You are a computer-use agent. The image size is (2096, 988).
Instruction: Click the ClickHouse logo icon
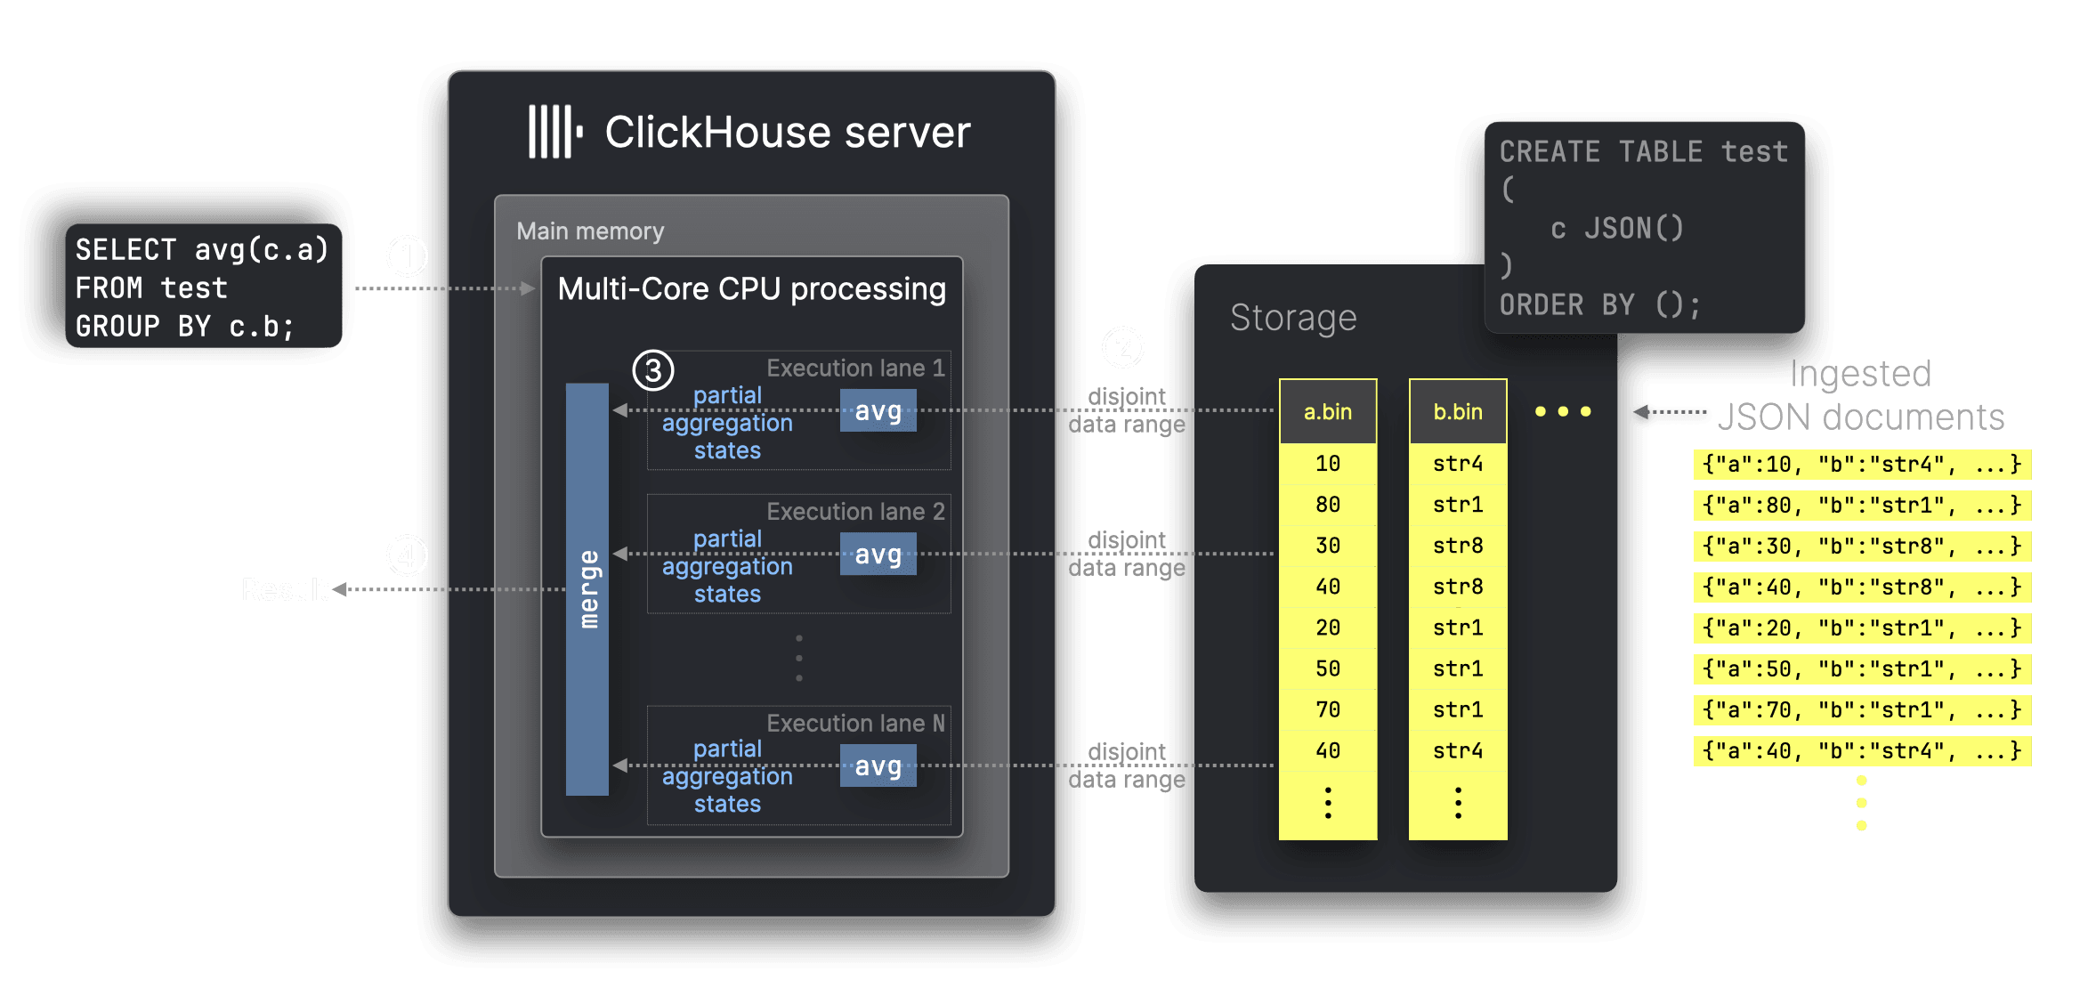click(x=554, y=132)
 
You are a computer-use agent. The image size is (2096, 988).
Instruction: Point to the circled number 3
click(x=652, y=369)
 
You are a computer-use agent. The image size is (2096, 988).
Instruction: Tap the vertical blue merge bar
click(x=587, y=588)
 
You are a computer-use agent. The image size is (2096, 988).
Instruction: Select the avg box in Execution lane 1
click(x=878, y=410)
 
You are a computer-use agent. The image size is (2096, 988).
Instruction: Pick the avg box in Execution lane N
click(x=878, y=765)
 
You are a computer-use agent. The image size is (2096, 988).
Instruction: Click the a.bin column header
click(x=1327, y=411)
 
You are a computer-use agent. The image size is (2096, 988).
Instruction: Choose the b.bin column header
click(x=1457, y=411)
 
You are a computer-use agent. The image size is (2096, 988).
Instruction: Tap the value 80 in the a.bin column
click(x=1327, y=505)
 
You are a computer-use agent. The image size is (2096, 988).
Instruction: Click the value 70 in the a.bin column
click(x=1327, y=709)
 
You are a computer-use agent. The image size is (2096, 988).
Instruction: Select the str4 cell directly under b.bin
click(x=1457, y=464)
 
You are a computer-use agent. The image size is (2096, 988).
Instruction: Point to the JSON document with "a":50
click(x=1861, y=668)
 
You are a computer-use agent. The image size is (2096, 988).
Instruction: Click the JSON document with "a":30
click(x=1861, y=546)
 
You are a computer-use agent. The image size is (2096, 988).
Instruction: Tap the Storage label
click(x=1292, y=318)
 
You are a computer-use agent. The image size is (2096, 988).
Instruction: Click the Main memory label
click(x=590, y=231)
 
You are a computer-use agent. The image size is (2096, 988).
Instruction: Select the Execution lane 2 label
click(x=855, y=512)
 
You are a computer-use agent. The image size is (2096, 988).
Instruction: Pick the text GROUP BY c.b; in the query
click(x=184, y=327)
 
